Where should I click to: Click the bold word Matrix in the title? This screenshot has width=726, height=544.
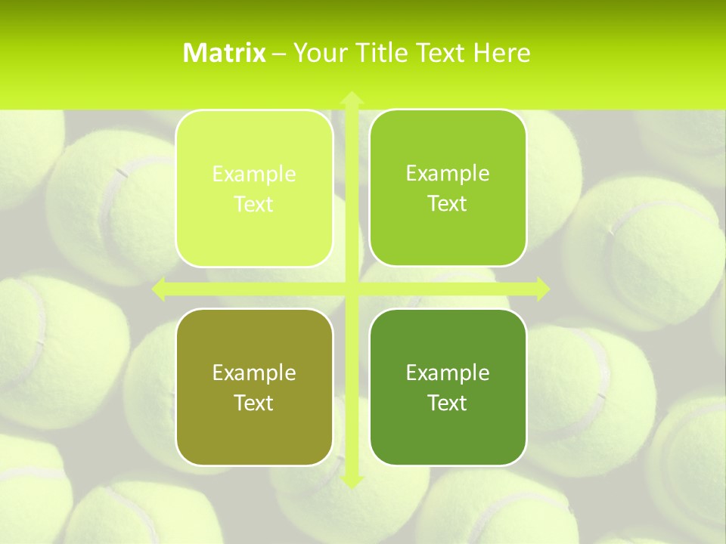tap(225, 53)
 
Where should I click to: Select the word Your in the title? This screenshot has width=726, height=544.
tap(318, 53)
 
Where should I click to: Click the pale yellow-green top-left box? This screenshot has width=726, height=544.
tap(254, 189)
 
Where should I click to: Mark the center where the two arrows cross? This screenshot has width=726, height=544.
tap(352, 289)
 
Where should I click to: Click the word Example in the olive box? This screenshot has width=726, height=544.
tap(254, 372)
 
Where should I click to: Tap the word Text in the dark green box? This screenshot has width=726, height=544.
tap(448, 403)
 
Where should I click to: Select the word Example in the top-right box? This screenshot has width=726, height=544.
tap(448, 173)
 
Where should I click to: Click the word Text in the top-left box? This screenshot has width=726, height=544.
tap(254, 205)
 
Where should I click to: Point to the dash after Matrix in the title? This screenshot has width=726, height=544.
tap(279, 54)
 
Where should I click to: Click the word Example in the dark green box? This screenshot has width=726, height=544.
tap(448, 372)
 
